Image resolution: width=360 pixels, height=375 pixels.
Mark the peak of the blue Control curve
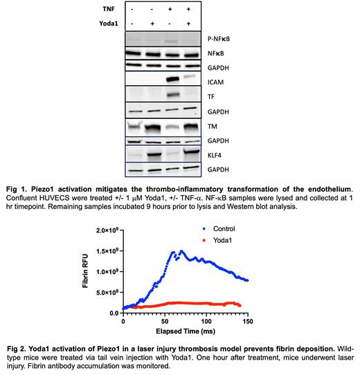[181, 251]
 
